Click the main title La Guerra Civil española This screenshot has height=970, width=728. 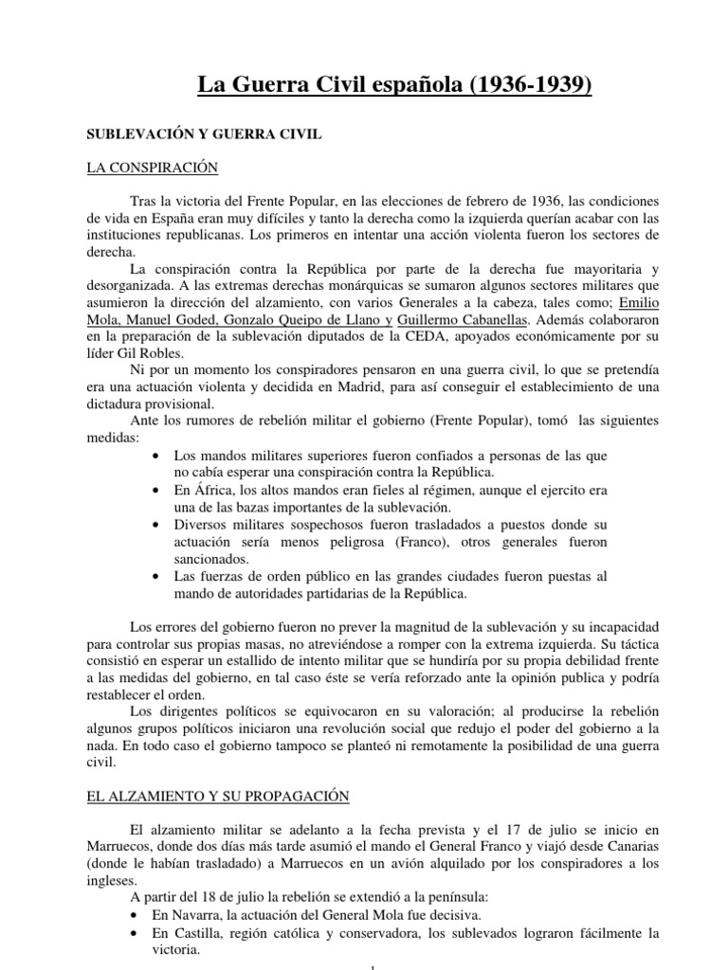pos(393,86)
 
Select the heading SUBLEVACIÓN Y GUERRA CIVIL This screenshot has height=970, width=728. pos(204,135)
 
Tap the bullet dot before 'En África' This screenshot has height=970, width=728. pos(155,491)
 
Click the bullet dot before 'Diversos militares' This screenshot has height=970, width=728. pos(155,525)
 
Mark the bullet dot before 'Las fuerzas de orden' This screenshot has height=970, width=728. pos(155,576)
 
